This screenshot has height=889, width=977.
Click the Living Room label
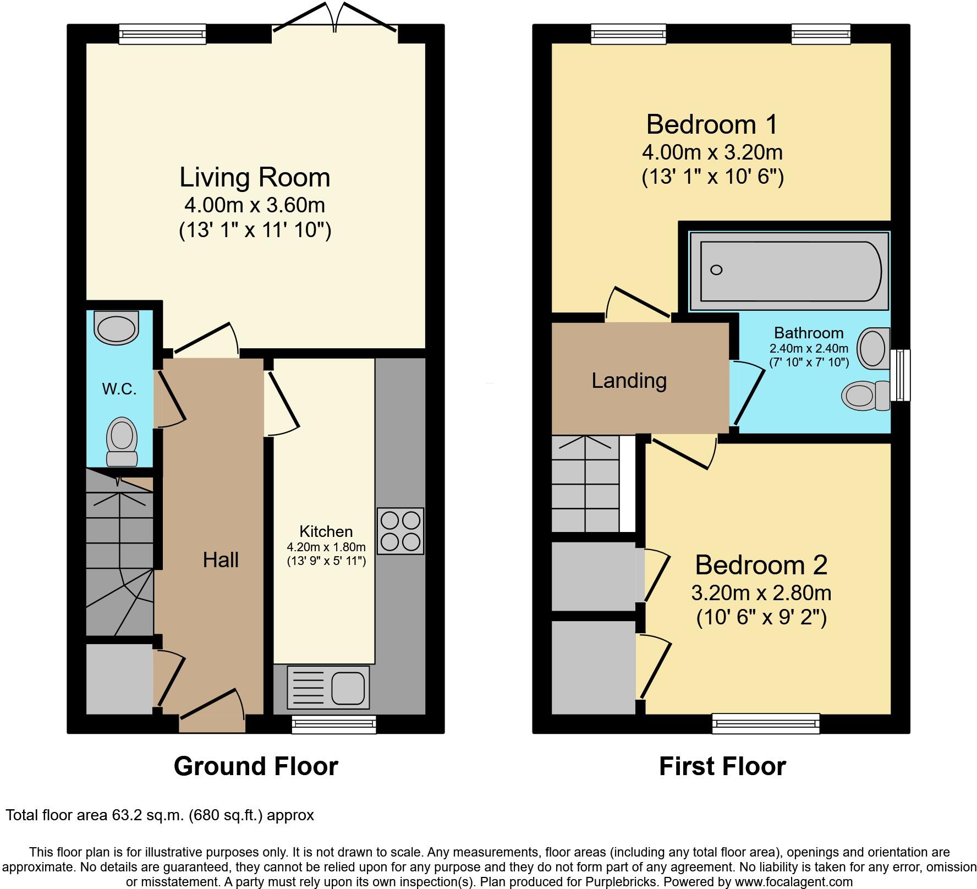[255, 178]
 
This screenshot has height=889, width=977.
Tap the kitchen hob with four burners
[400, 531]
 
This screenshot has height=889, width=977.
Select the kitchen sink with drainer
[328, 687]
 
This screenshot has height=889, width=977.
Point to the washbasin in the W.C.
[116, 328]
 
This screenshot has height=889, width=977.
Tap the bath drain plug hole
[716, 270]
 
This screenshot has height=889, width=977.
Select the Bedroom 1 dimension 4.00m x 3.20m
[712, 152]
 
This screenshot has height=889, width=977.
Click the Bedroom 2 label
[761, 565]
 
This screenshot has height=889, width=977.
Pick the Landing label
[629, 381]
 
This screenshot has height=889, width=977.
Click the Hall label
[221, 560]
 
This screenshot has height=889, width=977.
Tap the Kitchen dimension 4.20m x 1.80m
[326, 547]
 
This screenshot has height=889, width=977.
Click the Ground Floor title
[256, 766]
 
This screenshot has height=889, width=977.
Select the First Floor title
[722, 766]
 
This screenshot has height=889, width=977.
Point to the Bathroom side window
[901, 375]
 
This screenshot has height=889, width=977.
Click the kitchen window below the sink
[334, 725]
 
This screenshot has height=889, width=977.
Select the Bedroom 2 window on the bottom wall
[766, 723]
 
